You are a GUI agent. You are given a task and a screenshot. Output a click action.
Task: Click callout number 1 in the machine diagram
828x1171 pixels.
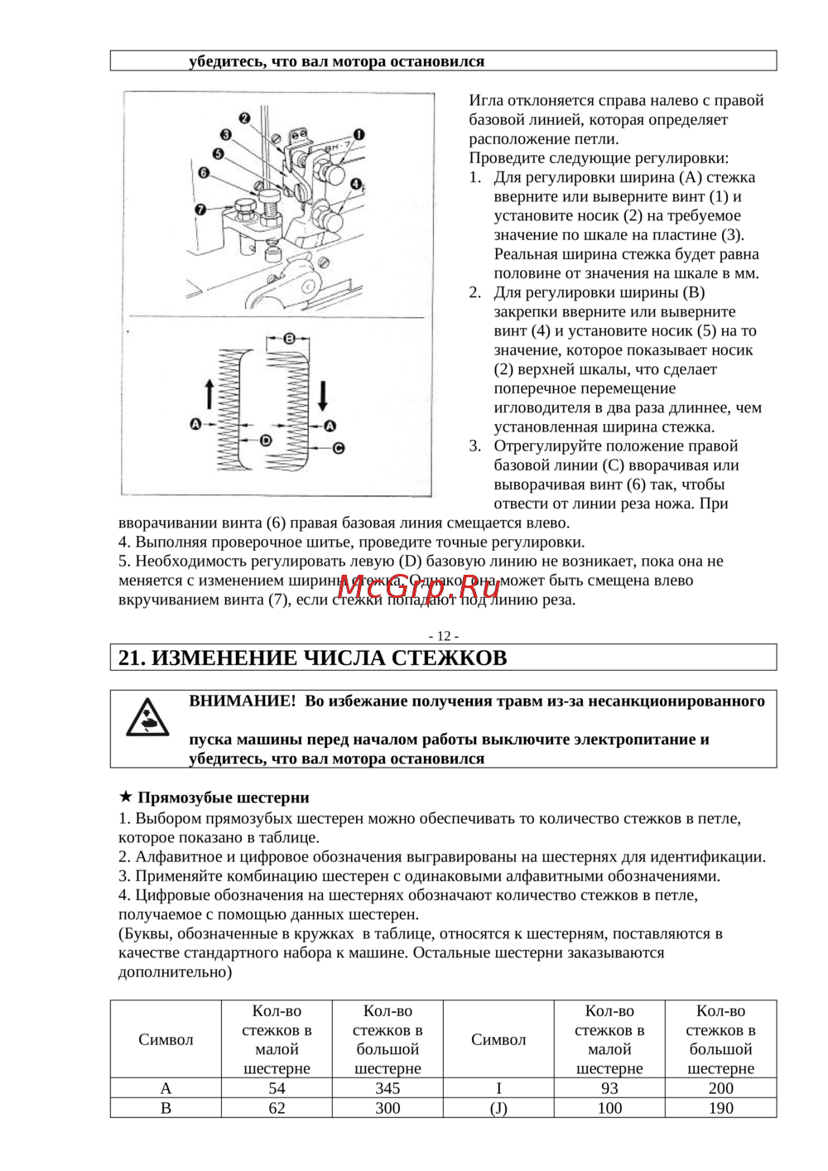tap(359, 134)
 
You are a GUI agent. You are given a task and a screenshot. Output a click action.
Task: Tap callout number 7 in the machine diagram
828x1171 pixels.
tap(200, 210)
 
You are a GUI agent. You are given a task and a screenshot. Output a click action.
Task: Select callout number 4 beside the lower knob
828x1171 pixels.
tap(355, 184)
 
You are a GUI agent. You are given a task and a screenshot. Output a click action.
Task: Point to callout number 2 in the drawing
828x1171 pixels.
tap(244, 118)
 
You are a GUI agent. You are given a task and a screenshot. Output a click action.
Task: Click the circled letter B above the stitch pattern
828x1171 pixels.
tap(289, 339)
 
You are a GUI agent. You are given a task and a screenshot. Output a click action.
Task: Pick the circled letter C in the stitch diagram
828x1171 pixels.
tap(338, 448)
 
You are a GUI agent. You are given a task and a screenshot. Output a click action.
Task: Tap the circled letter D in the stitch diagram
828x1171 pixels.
tap(266, 441)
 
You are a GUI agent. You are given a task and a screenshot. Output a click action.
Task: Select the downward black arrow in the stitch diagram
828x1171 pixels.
tap(322, 396)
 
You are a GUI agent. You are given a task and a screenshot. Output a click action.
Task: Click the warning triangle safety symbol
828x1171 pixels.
tap(147, 717)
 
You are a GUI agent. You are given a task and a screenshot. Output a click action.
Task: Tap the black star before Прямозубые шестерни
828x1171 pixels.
tap(126, 798)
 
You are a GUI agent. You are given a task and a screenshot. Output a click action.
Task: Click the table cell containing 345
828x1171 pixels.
tap(388, 1088)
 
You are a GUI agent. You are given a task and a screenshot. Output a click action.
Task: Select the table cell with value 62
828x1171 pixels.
tap(277, 1108)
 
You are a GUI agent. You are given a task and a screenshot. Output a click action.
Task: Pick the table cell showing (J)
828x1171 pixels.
tap(498, 1108)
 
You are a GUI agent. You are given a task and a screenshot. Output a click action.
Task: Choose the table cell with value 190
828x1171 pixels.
tap(720, 1108)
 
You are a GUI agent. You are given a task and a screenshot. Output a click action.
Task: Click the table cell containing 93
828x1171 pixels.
tap(609, 1088)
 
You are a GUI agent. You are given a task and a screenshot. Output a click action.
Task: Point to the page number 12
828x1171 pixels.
tap(444, 636)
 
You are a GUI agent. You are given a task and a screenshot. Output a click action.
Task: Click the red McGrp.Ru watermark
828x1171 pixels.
tap(419, 586)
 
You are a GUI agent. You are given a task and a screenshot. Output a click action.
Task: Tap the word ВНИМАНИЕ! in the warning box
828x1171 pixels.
tap(242, 701)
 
